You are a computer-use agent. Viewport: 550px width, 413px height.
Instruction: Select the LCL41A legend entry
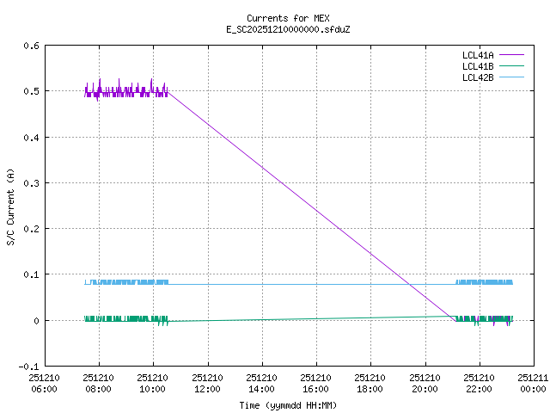pos(477,55)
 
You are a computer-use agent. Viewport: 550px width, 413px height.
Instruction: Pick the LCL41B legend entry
pos(477,66)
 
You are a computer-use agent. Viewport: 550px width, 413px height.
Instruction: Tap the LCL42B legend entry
pos(477,77)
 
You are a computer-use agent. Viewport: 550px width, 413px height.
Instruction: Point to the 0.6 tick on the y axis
pos(30,46)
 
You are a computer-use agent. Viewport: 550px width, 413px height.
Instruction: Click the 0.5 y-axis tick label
pos(30,91)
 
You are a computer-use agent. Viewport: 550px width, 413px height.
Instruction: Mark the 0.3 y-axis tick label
pos(30,183)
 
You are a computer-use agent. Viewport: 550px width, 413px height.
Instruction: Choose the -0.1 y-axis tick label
pos(27,367)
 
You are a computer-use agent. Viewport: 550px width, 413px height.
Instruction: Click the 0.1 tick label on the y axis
pos(30,274)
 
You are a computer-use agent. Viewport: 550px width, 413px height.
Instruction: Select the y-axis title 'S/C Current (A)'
pos(10,206)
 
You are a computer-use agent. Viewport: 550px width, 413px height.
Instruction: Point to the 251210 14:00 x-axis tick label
pos(261,383)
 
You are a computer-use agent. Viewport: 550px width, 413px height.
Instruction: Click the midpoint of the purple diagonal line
pos(311,204)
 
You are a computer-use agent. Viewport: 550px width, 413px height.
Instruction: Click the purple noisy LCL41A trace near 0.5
pos(125,91)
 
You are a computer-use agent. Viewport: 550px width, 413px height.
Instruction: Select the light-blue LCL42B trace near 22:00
pos(484,282)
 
